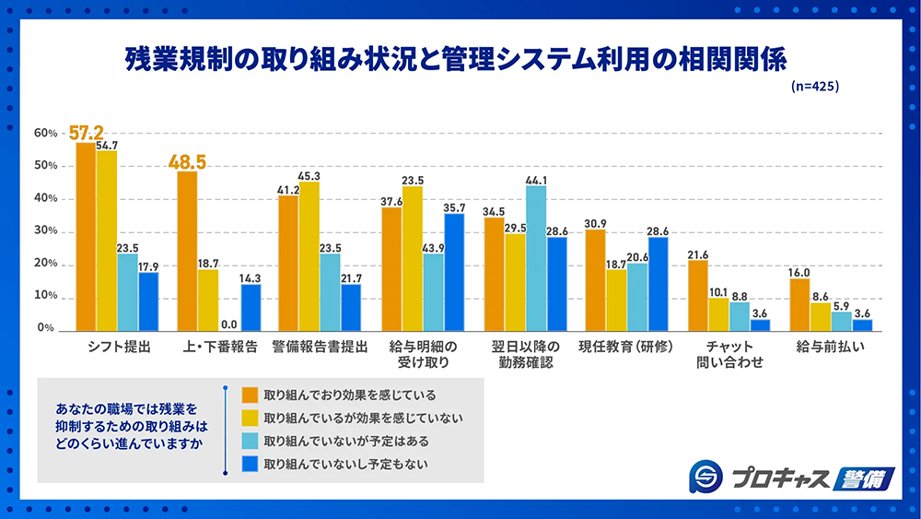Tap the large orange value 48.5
[187, 162]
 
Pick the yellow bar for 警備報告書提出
[309, 256]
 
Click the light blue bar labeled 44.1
[536, 258]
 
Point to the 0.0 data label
[228, 324]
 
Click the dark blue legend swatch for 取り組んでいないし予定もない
[249, 463]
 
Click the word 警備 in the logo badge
[862, 478]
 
